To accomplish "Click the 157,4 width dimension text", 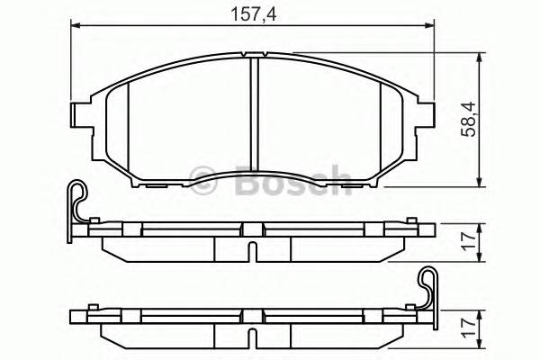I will (x=252, y=13).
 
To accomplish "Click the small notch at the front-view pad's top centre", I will (x=254, y=56).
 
